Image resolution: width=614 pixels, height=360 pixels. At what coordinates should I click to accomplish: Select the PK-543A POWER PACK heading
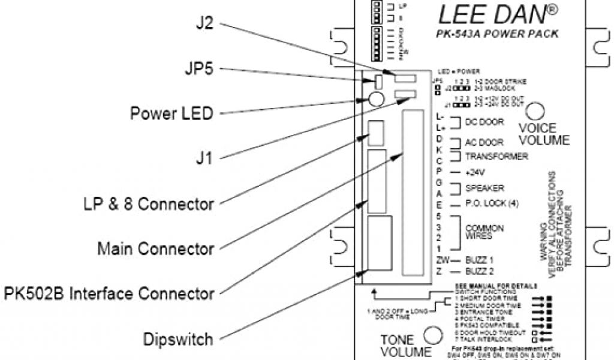[x=497, y=34]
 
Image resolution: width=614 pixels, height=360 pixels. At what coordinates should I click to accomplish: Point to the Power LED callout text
[x=171, y=113]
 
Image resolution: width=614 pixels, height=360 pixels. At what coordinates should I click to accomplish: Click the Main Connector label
[x=155, y=248]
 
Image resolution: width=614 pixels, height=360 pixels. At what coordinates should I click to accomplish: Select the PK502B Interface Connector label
[x=109, y=294]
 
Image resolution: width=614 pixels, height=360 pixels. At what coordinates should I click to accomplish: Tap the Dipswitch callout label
[x=178, y=339]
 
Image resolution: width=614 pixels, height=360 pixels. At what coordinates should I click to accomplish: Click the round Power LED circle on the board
[x=376, y=100]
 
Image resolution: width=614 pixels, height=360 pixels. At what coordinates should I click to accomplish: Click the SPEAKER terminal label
[x=484, y=188]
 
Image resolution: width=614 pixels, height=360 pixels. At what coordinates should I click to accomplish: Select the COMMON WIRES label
[x=484, y=233]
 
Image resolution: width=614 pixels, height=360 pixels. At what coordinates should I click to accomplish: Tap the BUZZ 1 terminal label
[x=479, y=260]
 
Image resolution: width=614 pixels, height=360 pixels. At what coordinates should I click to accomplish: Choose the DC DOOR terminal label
[x=484, y=122]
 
